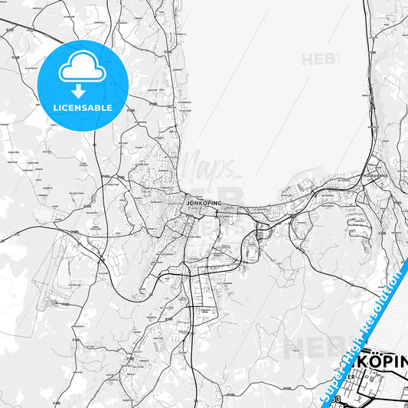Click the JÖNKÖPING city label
[x=204, y=203]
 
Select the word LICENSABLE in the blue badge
[x=83, y=107]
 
